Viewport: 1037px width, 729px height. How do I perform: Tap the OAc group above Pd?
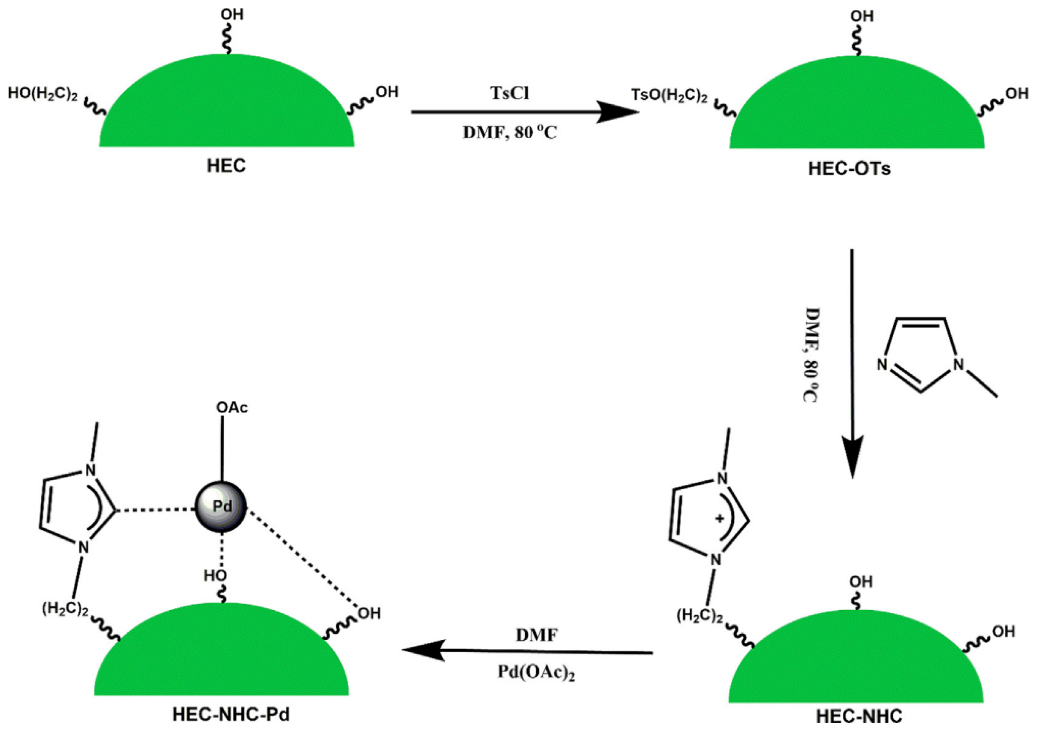coord(232,408)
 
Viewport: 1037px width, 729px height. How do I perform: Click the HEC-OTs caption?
coord(849,169)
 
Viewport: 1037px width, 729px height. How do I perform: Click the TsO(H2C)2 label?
coord(669,96)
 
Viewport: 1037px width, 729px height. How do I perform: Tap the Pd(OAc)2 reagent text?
coord(536,672)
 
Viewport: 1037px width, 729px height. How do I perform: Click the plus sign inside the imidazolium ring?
coord(720,518)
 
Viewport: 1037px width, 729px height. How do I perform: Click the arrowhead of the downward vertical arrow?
coord(852,456)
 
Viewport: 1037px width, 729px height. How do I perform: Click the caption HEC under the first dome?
coord(226,166)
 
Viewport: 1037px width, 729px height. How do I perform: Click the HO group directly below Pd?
coord(215,576)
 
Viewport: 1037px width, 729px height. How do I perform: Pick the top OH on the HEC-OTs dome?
coord(862,17)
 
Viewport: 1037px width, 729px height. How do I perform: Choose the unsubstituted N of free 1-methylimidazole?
coord(882,364)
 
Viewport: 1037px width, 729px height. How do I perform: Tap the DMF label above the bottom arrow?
coord(537,635)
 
